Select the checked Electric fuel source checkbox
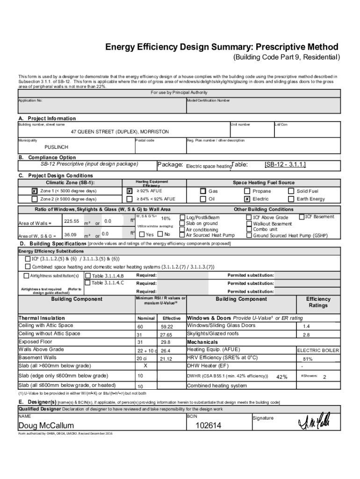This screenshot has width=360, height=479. tap(247, 199)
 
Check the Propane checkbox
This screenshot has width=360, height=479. tap(247, 191)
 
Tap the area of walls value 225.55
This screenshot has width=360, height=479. tap(71, 221)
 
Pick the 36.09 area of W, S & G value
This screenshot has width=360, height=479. tap(71, 234)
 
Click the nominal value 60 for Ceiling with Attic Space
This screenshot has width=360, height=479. tap(140, 327)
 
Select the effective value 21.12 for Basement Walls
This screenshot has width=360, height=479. tap(166, 359)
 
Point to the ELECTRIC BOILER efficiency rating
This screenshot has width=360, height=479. tap(318, 350)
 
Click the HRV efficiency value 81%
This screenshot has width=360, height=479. tap(307, 359)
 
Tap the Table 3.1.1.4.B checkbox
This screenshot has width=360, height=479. tap(87, 275)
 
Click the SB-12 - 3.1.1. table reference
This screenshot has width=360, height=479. tap(285, 165)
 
